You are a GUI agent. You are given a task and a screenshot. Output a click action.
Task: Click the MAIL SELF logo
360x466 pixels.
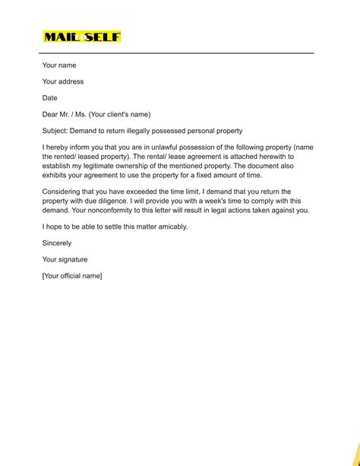[82, 36]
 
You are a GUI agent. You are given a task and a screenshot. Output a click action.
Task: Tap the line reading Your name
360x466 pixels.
[59, 65]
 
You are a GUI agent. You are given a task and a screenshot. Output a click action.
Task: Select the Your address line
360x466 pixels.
[63, 82]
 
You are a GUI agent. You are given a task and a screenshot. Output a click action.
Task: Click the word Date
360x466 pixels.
[50, 98]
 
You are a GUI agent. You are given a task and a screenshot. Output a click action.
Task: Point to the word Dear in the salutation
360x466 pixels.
[51, 115]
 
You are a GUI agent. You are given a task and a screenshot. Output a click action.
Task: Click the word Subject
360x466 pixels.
[55, 131]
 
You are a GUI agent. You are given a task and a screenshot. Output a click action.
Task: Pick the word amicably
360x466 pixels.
[167, 227]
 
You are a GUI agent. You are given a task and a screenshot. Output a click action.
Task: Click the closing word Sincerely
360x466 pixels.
[57, 243]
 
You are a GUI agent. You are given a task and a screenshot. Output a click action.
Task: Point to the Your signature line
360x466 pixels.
[65, 259]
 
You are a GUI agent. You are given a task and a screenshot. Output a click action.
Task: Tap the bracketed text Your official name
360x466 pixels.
[72, 276]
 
